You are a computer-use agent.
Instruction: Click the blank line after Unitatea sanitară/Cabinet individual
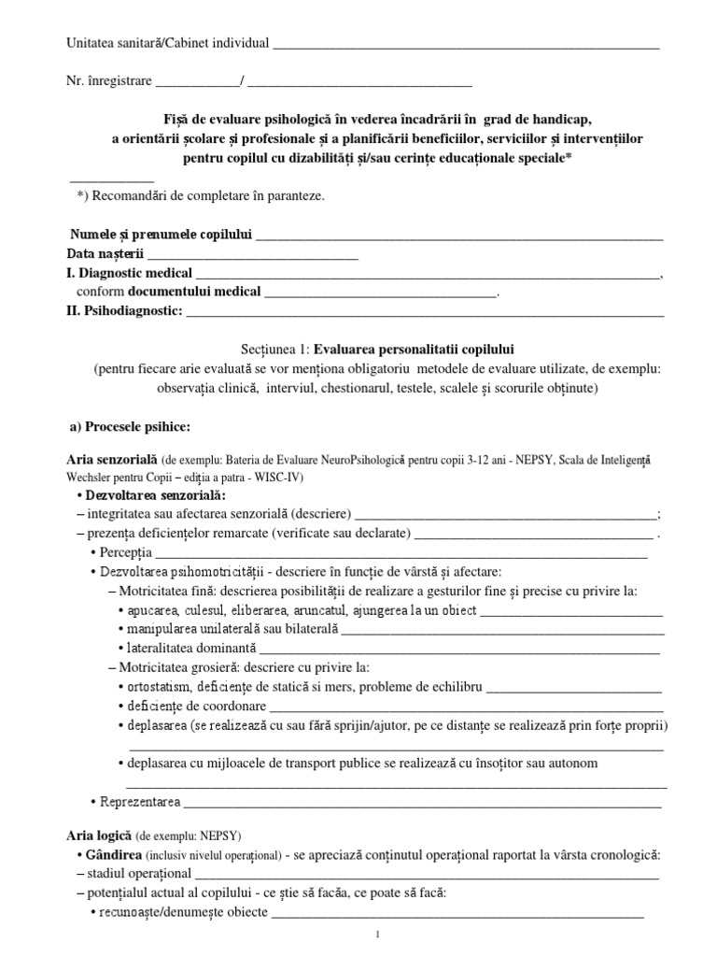[x=466, y=45]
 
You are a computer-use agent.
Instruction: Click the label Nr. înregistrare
[x=108, y=81]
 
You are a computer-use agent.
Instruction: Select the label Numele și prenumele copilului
[x=160, y=235]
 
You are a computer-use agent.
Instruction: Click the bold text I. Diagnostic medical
[x=130, y=274]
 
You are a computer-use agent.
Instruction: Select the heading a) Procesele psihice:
[x=131, y=427]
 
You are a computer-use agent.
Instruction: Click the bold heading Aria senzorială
[x=111, y=461]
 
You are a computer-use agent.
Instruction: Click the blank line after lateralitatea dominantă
[x=459, y=649]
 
